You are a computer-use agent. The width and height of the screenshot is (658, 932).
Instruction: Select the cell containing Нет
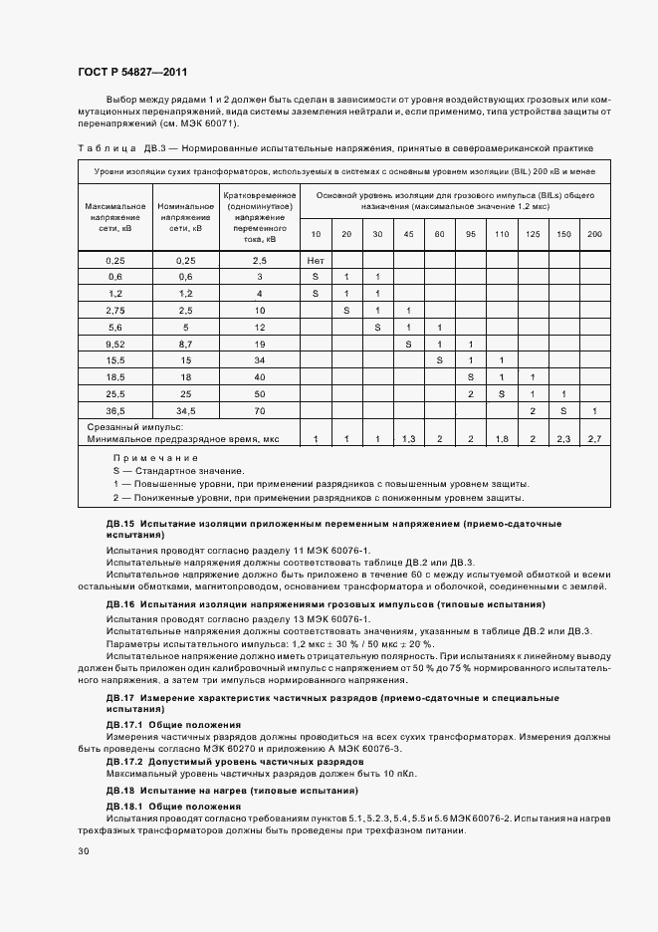[x=316, y=259]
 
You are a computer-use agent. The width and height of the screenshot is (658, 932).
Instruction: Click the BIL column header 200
[x=594, y=233]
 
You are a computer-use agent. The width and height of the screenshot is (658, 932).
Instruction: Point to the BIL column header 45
[x=408, y=233]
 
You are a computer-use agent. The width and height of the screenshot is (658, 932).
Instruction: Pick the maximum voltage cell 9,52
[x=113, y=343]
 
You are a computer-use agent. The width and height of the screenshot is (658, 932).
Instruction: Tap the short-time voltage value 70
[x=259, y=410]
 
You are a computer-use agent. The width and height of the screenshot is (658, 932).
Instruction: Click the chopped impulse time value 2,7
[x=594, y=438]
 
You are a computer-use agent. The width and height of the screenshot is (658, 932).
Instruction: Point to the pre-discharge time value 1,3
[x=408, y=438]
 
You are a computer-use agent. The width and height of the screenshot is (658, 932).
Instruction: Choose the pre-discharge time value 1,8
[x=501, y=438]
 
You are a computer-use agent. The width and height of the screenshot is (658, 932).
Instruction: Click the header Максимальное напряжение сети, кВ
[x=113, y=216]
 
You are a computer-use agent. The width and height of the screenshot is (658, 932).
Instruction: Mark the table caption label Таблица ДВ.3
[x=112, y=147]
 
